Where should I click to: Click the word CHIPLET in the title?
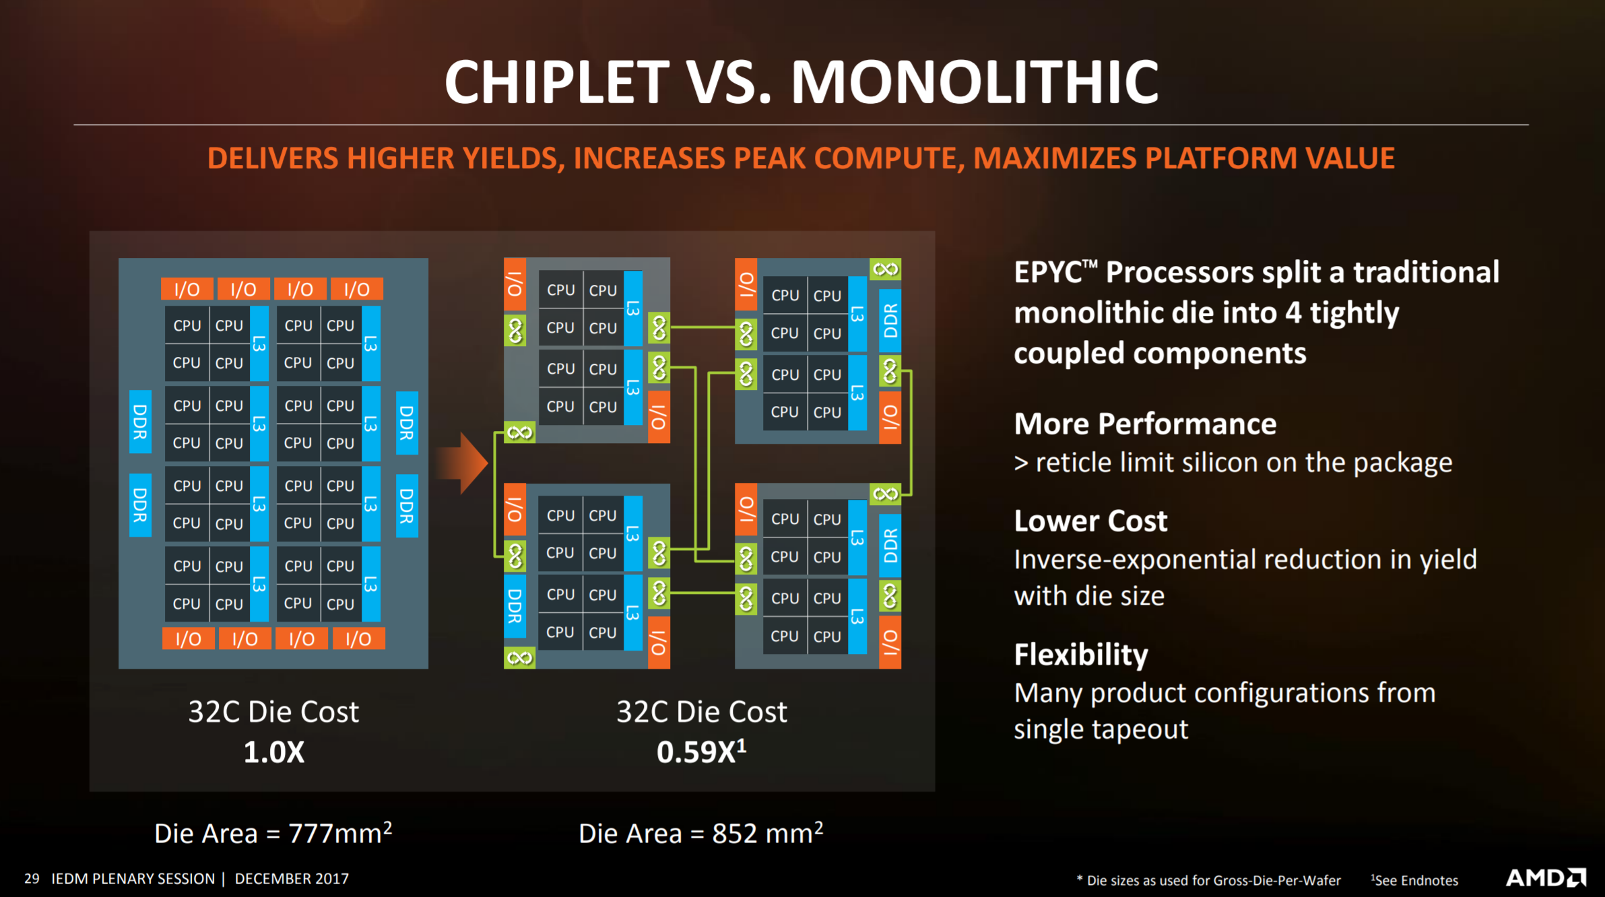tap(557, 81)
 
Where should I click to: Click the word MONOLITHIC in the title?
tap(975, 81)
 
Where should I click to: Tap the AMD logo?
tap(1546, 877)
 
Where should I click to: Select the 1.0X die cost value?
tap(273, 752)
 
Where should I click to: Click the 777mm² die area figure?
tap(340, 833)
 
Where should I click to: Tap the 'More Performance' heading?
tap(1145, 424)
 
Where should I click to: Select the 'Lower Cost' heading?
tap(1090, 521)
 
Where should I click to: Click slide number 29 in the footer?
tap(32, 879)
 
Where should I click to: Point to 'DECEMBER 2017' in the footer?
tap(292, 879)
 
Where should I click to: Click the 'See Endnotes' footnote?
tap(1414, 880)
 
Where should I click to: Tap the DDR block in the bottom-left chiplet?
tap(515, 606)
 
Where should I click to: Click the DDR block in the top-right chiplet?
tap(890, 321)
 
